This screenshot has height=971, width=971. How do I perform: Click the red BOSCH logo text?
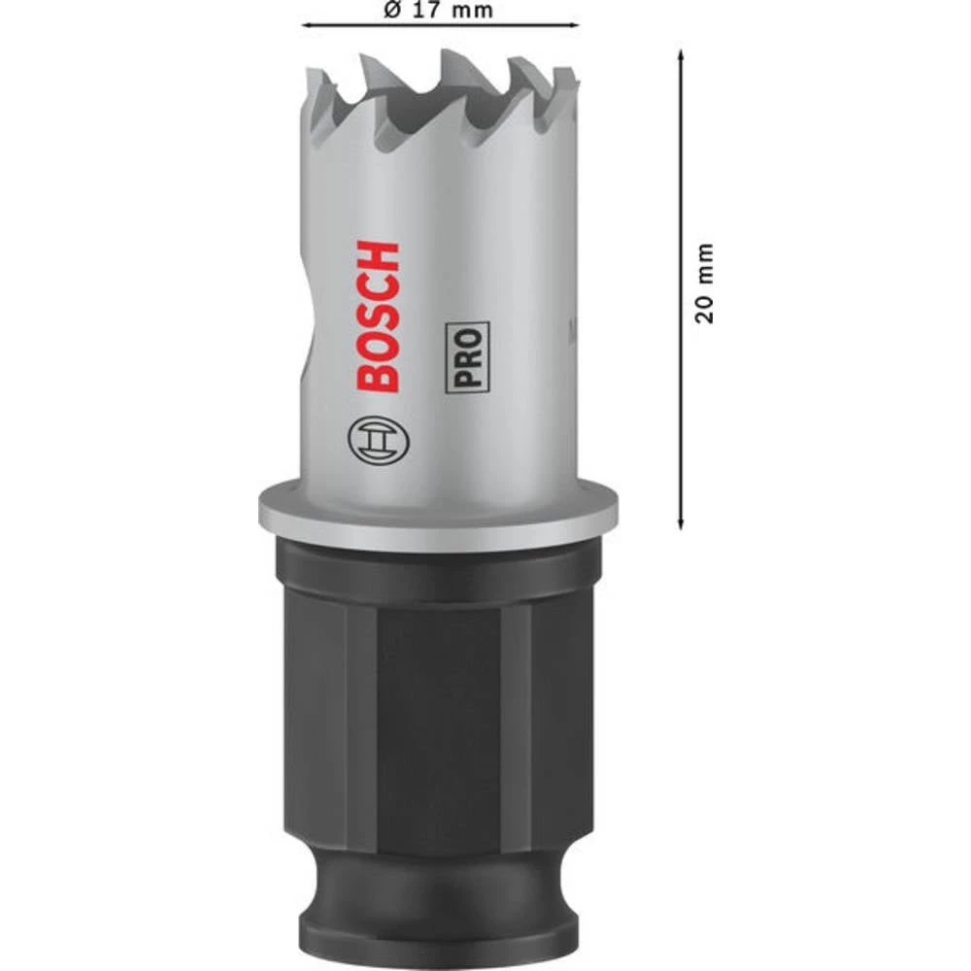[378, 317]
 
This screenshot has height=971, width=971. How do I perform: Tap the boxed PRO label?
[468, 356]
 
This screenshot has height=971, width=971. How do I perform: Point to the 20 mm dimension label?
[706, 284]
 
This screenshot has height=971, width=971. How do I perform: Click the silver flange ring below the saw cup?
[438, 513]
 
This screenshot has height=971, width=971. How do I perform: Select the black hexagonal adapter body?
[438, 699]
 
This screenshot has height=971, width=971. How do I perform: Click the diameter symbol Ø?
[392, 11]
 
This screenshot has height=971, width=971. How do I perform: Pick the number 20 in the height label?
[706, 309]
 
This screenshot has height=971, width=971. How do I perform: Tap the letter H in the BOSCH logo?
[378, 257]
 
